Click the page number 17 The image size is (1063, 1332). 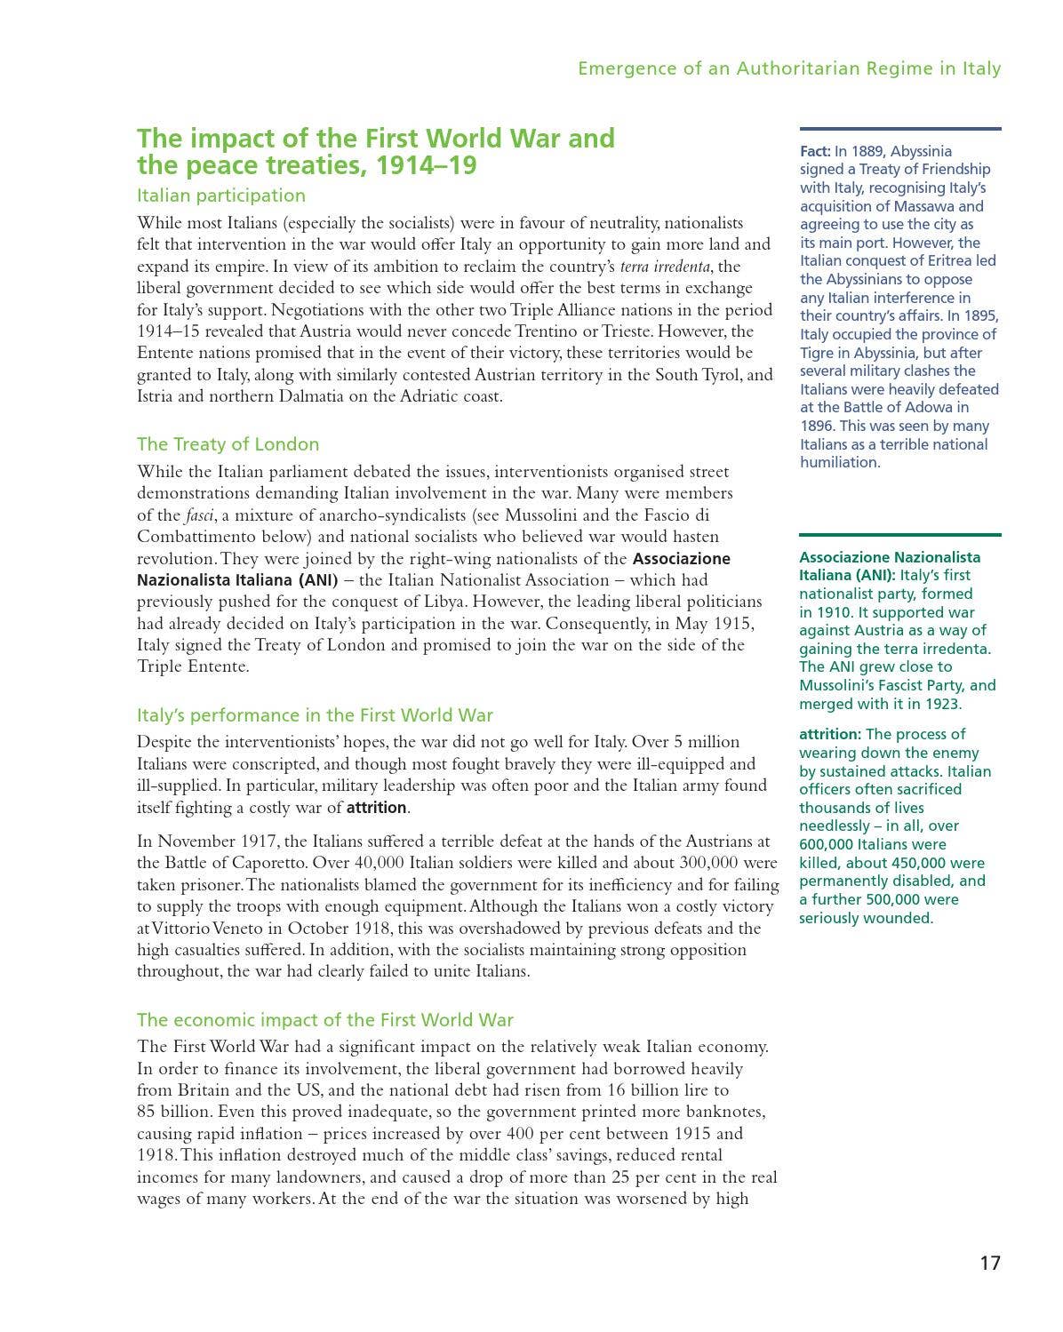(x=989, y=1263)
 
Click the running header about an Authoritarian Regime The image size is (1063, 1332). (x=788, y=68)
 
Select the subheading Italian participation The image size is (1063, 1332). (x=220, y=195)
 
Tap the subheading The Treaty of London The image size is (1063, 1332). (x=228, y=444)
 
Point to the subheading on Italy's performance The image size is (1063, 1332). (x=314, y=715)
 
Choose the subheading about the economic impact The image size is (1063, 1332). (x=324, y=1020)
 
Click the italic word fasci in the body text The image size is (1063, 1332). (x=199, y=515)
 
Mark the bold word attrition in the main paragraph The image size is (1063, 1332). (x=376, y=808)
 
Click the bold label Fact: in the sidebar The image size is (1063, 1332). (x=815, y=152)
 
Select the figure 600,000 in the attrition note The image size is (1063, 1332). (x=827, y=845)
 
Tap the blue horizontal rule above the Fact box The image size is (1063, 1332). (x=899, y=129)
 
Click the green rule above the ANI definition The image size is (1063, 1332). (x=899, y=535)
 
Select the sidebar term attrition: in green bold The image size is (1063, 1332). (x=830, y=735)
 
